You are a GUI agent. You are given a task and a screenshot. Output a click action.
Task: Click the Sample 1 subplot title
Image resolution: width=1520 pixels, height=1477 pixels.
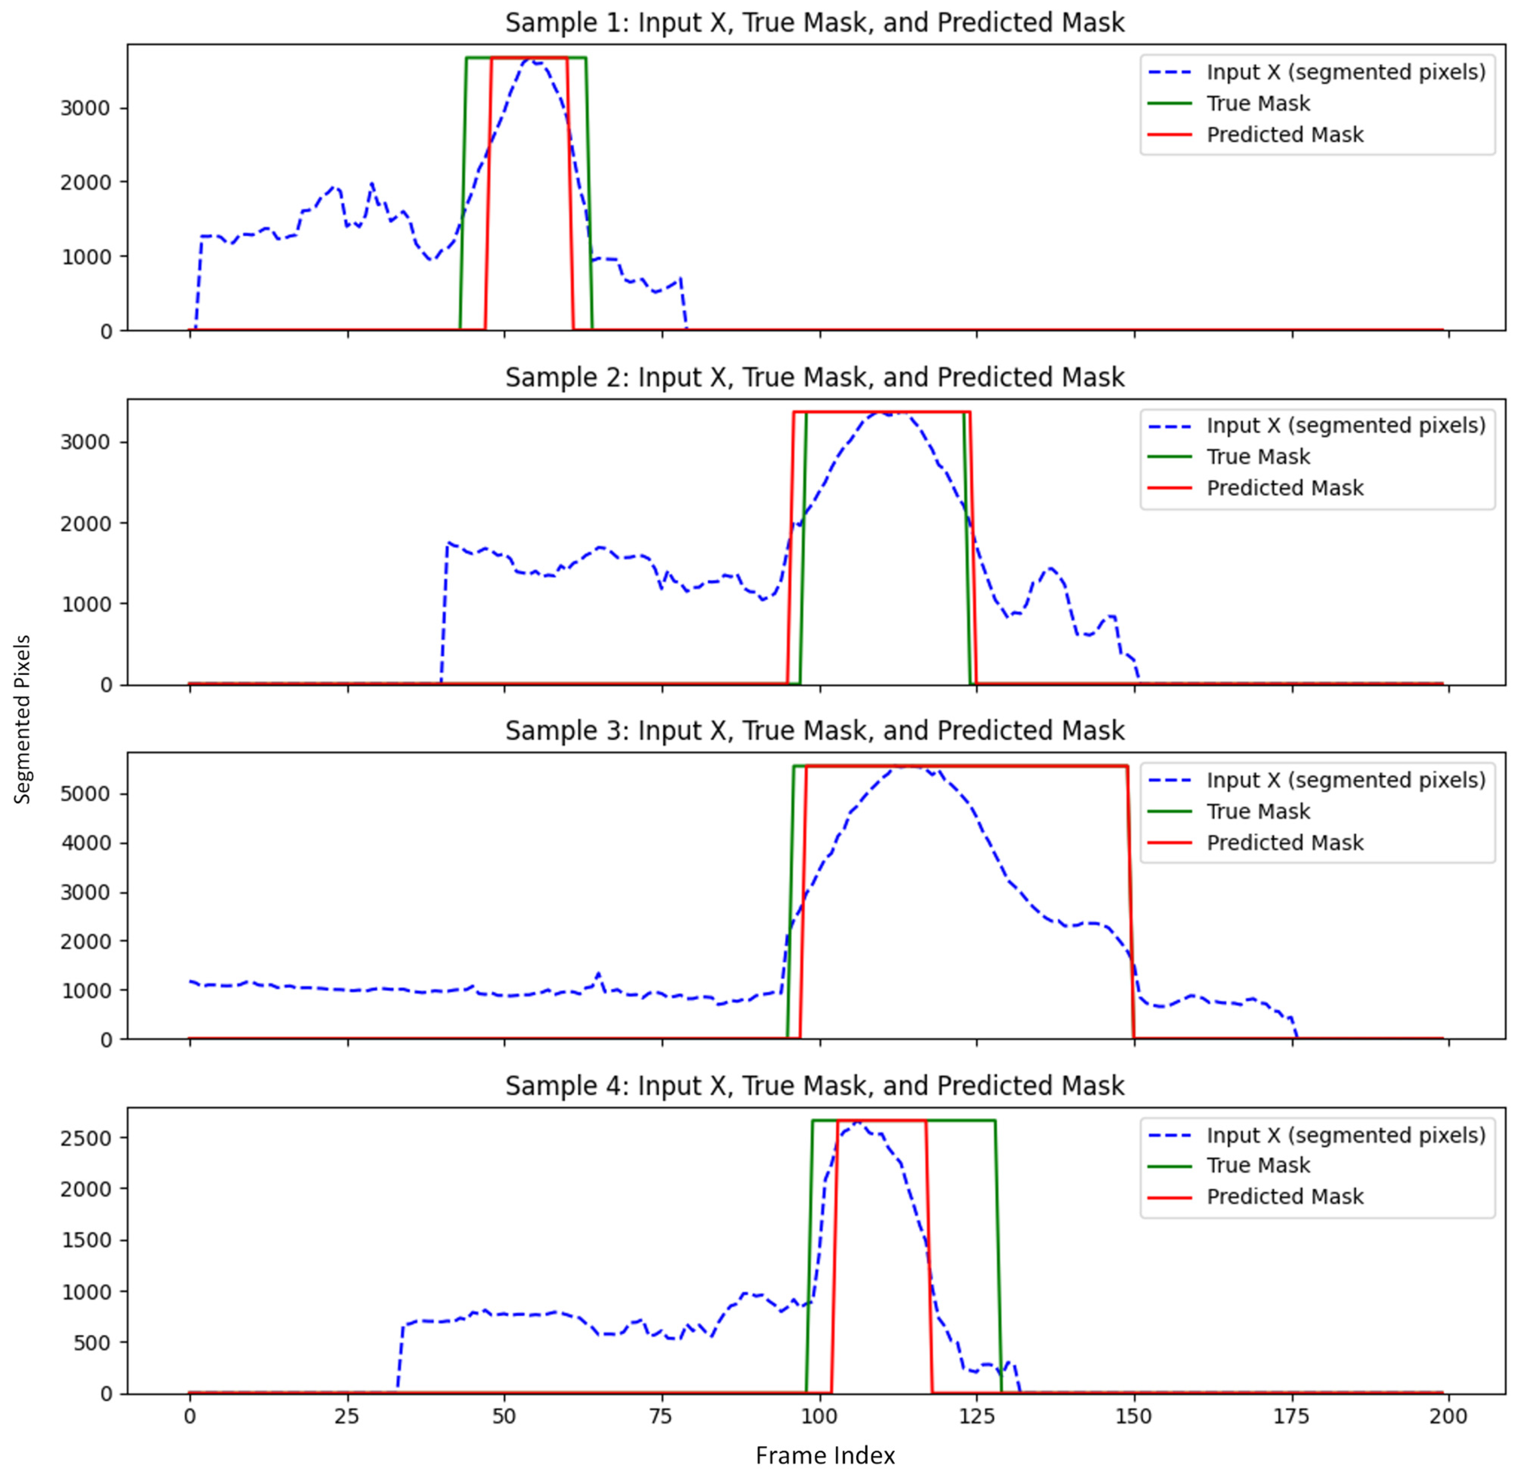pyautogui.click(x=814, y=22)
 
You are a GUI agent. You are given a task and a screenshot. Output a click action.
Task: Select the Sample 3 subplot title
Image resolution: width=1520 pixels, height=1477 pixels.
pyautogui.click(x=814, y=731)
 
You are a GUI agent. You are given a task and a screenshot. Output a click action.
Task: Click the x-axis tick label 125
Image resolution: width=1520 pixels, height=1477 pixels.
pyautogui.click(x=976, y=1416)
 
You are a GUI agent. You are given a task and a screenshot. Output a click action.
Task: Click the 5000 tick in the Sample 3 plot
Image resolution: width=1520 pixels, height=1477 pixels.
pyautogui.click(x=86, y=794)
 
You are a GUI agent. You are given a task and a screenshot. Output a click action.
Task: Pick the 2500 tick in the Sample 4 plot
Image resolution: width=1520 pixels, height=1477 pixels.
pyautogui.click(x=86, y=1138)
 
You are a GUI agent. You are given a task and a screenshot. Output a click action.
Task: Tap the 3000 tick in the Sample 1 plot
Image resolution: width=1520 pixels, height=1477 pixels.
pyautogui.click(x=86, y=108)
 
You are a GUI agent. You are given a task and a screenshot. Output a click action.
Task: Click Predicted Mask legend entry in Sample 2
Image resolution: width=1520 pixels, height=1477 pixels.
pyautogui.click(x=1284, y=488)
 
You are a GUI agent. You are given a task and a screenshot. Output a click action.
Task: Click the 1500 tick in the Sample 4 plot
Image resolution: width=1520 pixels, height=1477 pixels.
pyautogui.click(x=86, y=1241)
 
